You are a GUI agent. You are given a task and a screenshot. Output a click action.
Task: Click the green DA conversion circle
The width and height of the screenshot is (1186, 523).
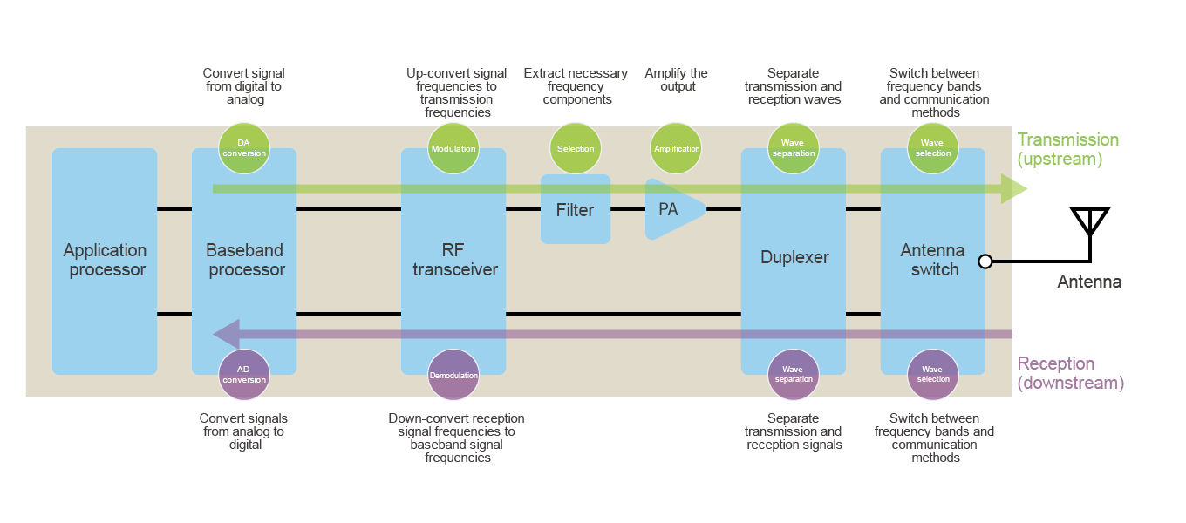(x=244, y=148)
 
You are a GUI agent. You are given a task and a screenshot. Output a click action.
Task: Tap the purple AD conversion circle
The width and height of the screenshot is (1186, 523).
(x=244, y=375)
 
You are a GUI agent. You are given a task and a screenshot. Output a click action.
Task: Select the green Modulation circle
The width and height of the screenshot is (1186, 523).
(x=453, y=148)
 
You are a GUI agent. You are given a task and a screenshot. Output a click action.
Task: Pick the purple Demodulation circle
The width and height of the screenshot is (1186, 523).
(x=453, y=375)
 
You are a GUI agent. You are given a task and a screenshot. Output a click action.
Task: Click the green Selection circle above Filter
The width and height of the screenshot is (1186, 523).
(x=576, y=148)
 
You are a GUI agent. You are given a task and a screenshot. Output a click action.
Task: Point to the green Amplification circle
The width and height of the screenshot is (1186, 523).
(x=677, y=148)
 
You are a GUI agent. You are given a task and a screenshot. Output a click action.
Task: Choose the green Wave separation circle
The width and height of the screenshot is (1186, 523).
(x=794, y=148)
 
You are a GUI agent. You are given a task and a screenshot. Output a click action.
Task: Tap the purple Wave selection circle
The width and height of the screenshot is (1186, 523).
(x=933, y=375)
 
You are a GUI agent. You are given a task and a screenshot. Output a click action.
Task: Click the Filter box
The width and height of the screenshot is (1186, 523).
(x=576, y=210)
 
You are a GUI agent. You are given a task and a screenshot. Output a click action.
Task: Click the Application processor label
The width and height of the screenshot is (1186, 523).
(x=106, y=261)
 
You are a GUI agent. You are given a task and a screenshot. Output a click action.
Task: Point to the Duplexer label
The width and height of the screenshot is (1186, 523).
(x=794, y=257)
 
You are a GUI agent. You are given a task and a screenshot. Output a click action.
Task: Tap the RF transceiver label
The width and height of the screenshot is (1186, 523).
(x=454, y=261)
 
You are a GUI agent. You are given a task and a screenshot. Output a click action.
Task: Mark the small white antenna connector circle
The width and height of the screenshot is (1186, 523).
(x=985, y=261)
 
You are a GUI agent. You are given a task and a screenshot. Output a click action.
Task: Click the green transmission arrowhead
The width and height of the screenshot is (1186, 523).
(x=1013, y=189)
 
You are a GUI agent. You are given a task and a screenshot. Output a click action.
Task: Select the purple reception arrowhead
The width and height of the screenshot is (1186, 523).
(x=227, y=334)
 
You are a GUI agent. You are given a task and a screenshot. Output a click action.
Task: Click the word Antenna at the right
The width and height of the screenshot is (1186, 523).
(x=1088, y=282)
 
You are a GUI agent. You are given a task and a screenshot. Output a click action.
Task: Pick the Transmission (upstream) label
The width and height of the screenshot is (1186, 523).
(x=1067, y=149)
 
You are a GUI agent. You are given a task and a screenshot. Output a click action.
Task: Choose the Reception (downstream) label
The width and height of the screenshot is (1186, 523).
(x=1070, y=373)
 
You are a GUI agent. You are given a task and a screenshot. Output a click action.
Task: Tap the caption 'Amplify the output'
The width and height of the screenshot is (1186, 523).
(x=677, y=80)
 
